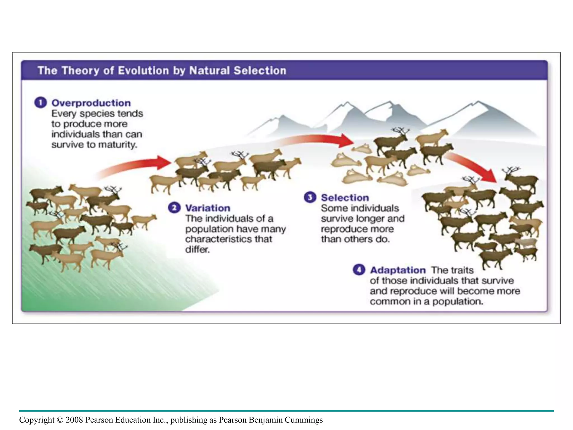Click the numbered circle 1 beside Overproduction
(x=41, y=103)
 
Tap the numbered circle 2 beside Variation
(x=174, y=208)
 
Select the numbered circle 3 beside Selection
(x=310, y=198)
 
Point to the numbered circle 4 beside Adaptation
(x=359, y=270)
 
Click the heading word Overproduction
(x=91, y=103)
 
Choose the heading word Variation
(x=208, y=208)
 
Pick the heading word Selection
(x=345, y=198)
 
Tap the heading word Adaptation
(x=398, y=270)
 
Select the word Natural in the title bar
(x=210, y=71)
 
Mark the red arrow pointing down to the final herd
(x=473, y=167)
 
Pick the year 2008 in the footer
(x=74, y=420)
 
